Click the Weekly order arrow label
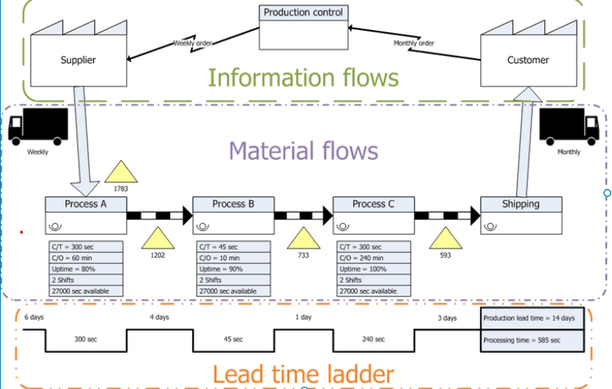[x=191, y=43]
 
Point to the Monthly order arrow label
[x=414, y=43]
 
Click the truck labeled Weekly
[x=38, y=127]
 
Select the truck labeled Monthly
[x=568, y=127]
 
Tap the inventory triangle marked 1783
[x=121, y=173]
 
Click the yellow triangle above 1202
[x=158, y=238]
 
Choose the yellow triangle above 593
[x=445, y=238]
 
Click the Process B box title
[x=233, y=204]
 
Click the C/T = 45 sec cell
[x=233, y=247]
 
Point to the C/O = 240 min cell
[x=374, y=258]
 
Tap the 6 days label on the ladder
[x=33, y=318]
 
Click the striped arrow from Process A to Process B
[x=158, y=215]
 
